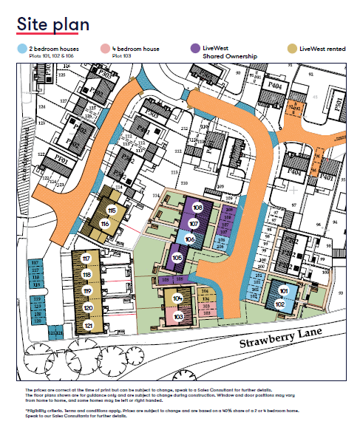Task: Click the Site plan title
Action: tap(53, 24)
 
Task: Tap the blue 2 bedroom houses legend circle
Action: tap(22, 48)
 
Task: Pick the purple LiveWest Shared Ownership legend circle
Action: tap(195, 48)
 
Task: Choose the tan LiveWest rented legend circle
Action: tap(293, 48)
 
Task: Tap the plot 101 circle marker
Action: tap(283, 293)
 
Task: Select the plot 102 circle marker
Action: tap(279, 304)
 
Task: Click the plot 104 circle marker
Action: tap(177, 298)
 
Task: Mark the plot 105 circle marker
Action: tap(177, 257)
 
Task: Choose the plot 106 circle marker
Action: tap(189, 239)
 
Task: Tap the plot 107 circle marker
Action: tap(194, 223)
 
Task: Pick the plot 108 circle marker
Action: tap(197, 209)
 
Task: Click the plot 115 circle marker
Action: tap(112, 211)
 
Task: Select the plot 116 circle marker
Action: tap(105, 223)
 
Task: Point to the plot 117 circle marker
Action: tap(86, 259)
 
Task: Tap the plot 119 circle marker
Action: tap(87, 291)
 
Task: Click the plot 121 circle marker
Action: tap(89, 325)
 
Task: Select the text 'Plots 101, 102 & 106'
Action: tap(51, 55)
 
